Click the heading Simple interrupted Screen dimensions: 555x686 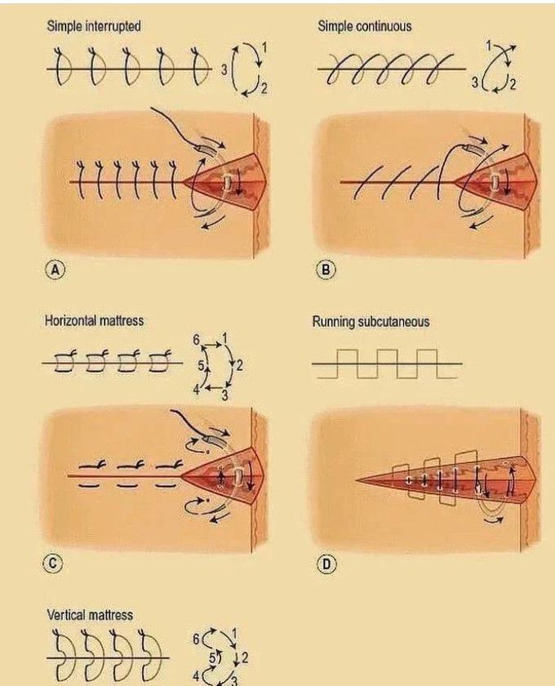click(94, 26)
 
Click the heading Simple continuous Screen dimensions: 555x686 click(364, 26)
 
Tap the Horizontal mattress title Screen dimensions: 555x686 click(94, 321)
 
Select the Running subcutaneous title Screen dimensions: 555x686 click(371, 322)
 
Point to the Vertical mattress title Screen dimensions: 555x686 click(90, 615)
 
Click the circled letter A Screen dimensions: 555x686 click(55, 270)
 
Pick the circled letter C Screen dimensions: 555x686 click(52, 563)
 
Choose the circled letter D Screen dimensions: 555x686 click(326, 565)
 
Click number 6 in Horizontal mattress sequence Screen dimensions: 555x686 click(196, 340)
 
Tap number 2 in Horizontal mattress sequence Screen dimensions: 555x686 click(239, 365)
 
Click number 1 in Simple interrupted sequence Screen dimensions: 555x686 click(264, 47)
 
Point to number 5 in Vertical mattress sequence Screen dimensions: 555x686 click(212, 657)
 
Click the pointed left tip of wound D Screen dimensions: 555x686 click(357, 480)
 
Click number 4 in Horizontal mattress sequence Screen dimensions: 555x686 click(197, 389)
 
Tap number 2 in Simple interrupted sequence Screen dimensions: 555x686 click(264, 90)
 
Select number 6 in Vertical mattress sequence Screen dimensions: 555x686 click(197, 639)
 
